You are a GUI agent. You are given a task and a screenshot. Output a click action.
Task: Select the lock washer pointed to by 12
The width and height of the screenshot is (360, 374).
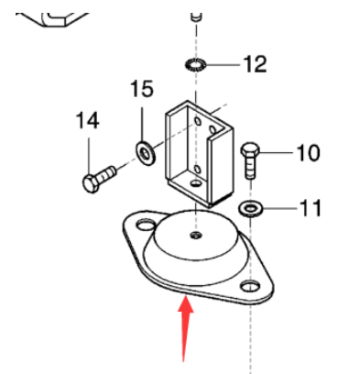pyautogui.click(x=193, y=66)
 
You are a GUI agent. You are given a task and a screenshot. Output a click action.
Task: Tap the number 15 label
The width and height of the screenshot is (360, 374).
pyautogui.click(x=141, y=90)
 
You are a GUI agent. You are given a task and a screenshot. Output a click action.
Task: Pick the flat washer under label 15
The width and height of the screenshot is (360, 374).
pyautogui.click(x=144, y=148)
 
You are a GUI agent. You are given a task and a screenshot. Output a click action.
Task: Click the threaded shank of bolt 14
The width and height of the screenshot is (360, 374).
pyautogui.click(x=107, y=170)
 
